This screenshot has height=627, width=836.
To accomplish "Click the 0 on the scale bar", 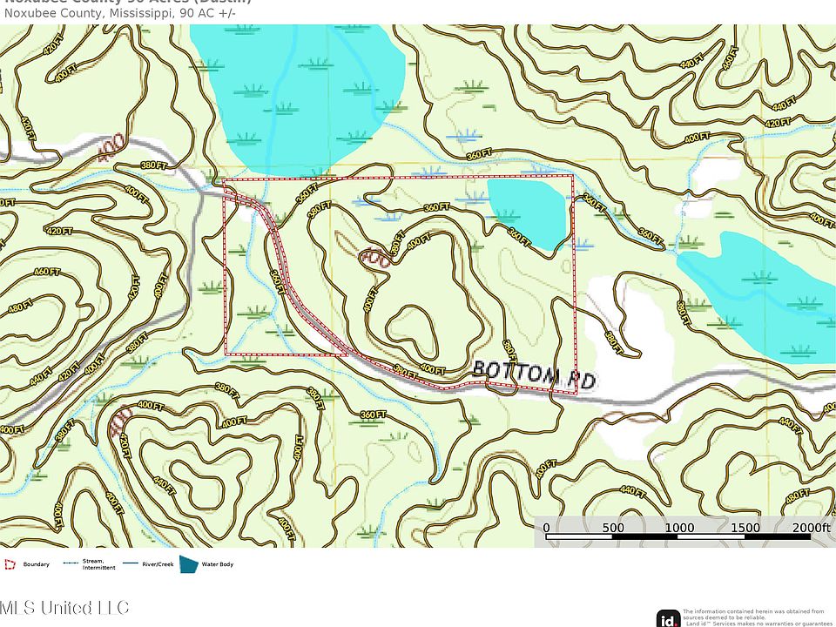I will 546,528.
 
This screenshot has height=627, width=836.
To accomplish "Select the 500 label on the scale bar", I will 613,528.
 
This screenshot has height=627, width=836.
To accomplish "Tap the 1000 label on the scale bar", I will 679,528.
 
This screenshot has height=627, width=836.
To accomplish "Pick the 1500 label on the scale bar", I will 746,528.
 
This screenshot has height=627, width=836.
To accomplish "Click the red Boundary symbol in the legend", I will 10,564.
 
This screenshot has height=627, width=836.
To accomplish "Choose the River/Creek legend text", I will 158,564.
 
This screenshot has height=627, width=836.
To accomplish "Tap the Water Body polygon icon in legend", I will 188,564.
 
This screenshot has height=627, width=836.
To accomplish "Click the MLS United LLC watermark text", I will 64,607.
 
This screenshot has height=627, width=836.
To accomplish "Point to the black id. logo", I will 669,618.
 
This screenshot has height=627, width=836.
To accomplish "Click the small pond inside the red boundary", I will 528,210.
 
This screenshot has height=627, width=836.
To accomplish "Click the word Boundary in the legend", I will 37,564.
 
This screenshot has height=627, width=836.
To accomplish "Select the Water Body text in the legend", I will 218,564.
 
